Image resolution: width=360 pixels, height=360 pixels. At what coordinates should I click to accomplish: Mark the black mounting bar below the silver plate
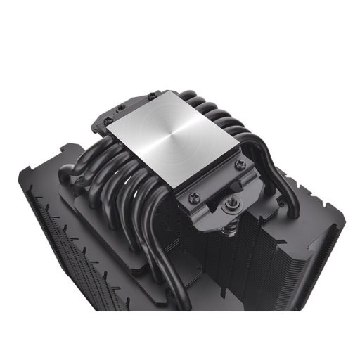pos(211,190)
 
